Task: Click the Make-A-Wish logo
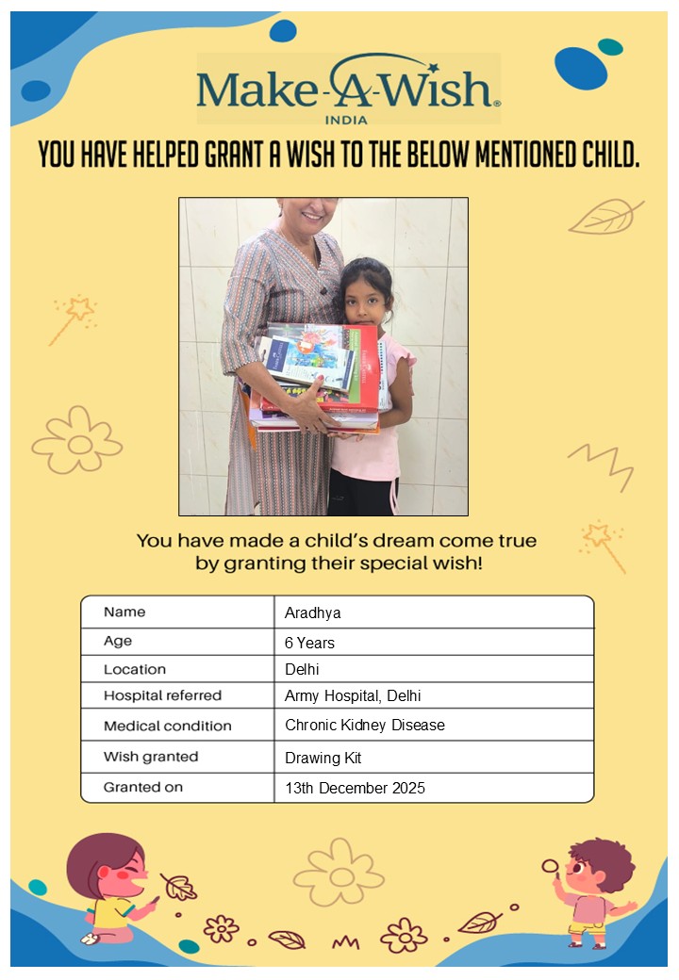click(x=347, y=87)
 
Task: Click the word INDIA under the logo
click(x=346, y=120)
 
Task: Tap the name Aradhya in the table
click(x=312, y=612)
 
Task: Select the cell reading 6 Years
click(x=309, y=643)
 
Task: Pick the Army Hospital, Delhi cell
click(x=352, y=696)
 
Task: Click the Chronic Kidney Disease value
click(x=364, y=726)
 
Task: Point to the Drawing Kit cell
click(x=323, y=758)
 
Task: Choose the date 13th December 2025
click(x=355, y=788)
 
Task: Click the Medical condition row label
click(x=167, y=726)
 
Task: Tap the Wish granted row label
click(x=151, y=757)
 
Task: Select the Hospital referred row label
click(x=162, y=696)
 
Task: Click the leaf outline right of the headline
click(x=604, y=218)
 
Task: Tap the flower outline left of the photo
click(x=77, y=440)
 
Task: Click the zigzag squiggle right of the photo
click(x=599, y=463)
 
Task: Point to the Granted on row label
click(x=143, y=787)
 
